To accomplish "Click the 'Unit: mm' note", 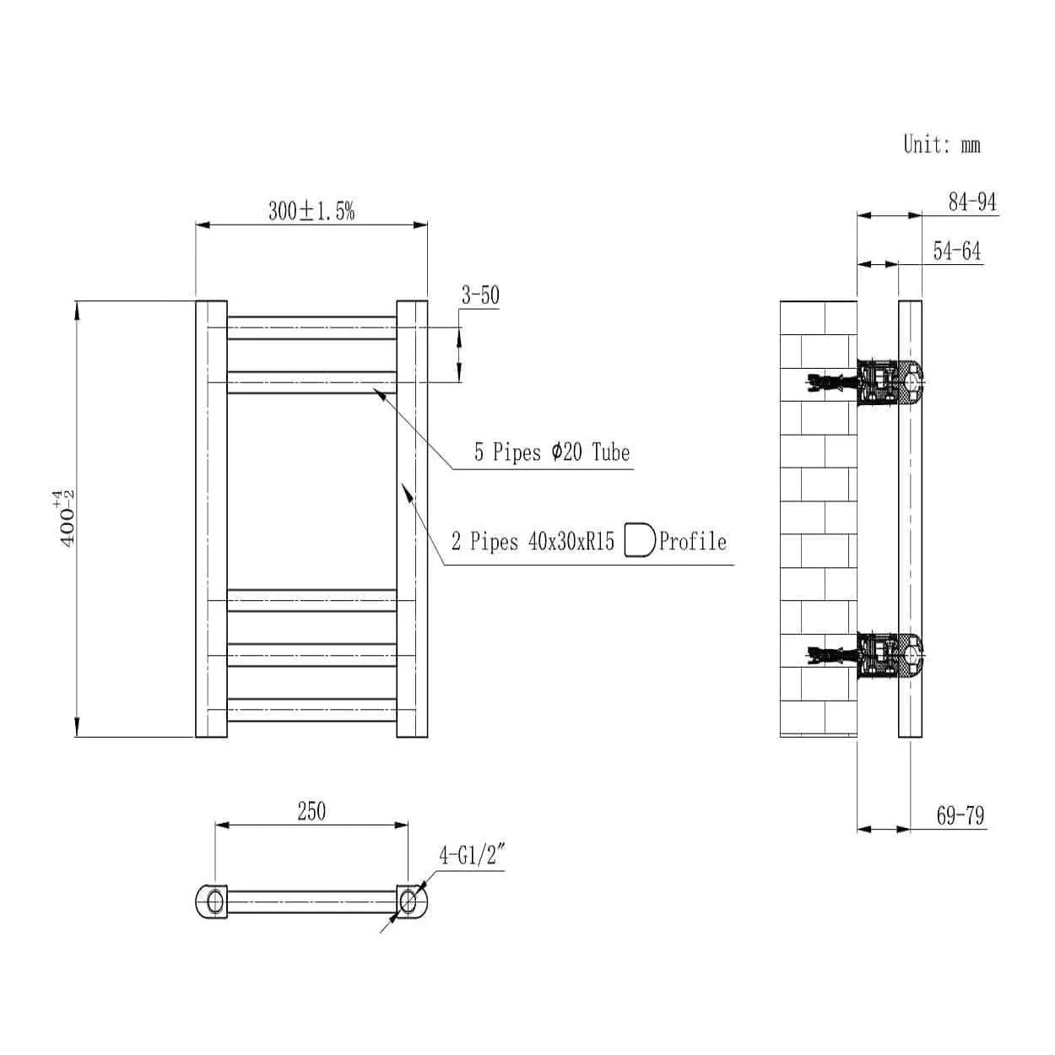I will pyautogui.click(x=941, y=144).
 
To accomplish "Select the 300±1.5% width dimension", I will pyautogui.click(x=311, y=211).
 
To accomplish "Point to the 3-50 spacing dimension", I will pyautogui.click(x=480, y=295).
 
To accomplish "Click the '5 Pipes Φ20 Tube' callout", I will pyautogui.click(x=552, y=452).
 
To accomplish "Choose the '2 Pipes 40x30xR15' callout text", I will pyautogui.click(x=533, y=541).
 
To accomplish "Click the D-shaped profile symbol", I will pyautogui.click(x=640, y=541).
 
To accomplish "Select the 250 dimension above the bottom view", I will pyautogui.click(x=311, y=811).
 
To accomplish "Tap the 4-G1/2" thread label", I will pyautogui.click(x=470, y=856).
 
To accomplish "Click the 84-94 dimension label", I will pyautogui.click(x=972, y=202).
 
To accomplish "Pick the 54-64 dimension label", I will pyautogui.click(x=957, y=251).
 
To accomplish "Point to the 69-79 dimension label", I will pyautogui.click(x=960, y=816).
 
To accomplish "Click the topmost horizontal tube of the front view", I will pyautogui.click(x=311, y=328).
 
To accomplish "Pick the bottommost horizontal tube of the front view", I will pyautogui.click(x=311, y=710).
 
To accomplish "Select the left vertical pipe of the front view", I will pyautogui.click(x=211, y=519).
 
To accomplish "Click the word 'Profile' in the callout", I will pyautogui.click(x=692, y=541).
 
